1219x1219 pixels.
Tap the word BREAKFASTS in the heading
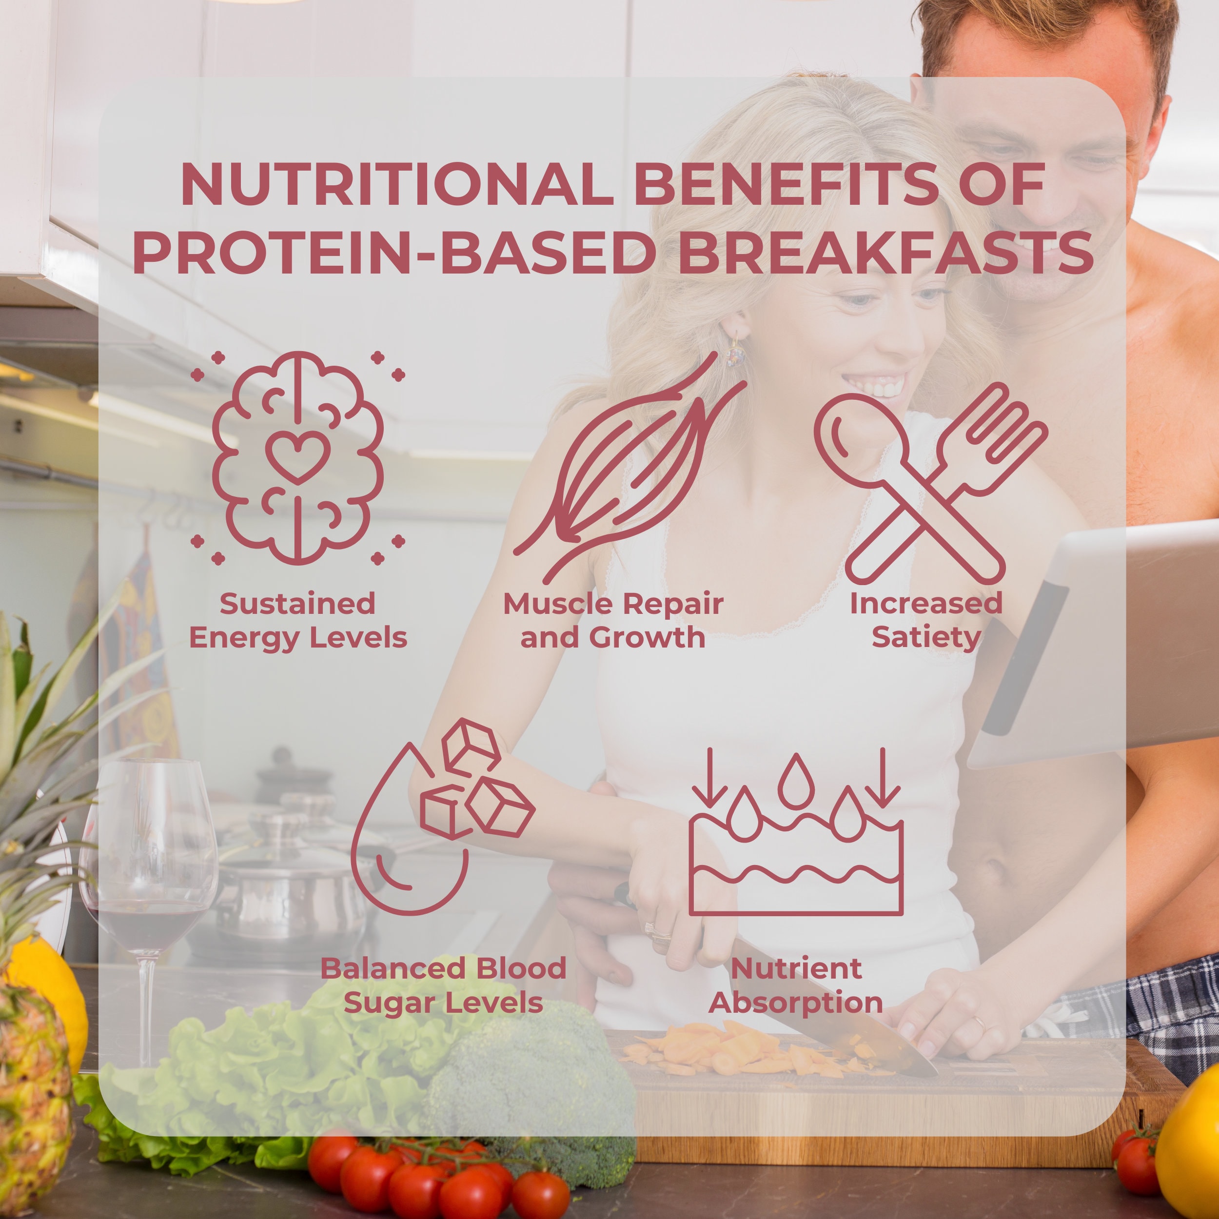click(885, 253)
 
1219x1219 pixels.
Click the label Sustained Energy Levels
click(298, 620)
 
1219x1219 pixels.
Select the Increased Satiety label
click(925, 620)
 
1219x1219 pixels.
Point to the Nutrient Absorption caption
click(796, 985)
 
